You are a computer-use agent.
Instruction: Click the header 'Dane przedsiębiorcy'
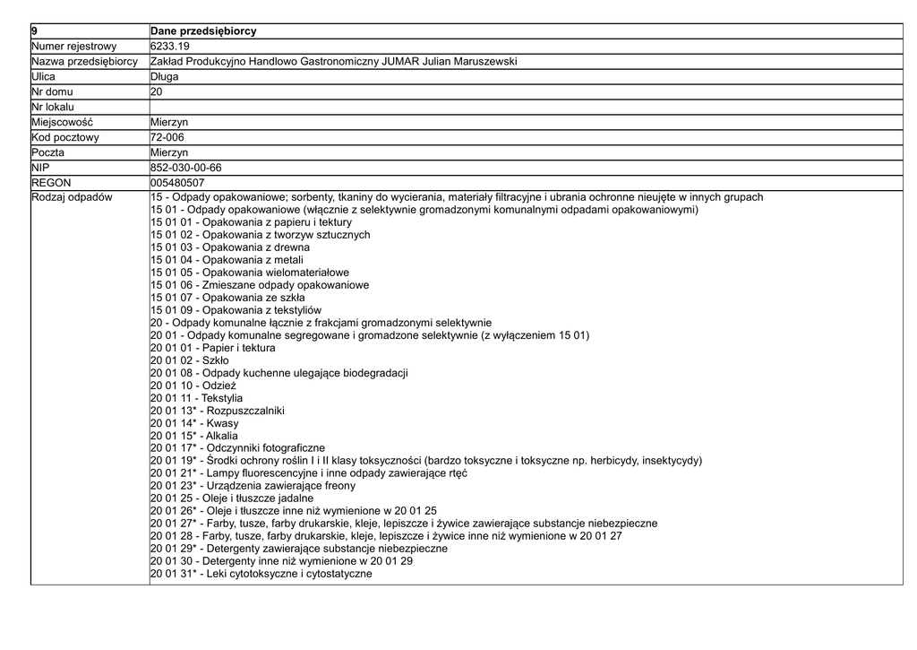click(203, 31)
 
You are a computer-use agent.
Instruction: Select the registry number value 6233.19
click(170, 46)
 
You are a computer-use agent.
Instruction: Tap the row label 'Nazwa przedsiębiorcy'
click(84, 61)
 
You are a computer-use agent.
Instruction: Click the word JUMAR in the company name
click(401, 61)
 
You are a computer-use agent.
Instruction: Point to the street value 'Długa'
click(165, 76)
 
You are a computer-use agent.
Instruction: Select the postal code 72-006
click(167, 137)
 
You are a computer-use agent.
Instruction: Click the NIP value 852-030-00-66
click(186, 168)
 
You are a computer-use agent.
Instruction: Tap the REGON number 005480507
click(177, 183)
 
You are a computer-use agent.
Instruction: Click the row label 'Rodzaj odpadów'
click(72, 197)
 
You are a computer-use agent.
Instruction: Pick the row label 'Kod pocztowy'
click(65, 137)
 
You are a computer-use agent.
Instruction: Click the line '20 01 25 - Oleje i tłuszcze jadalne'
click(232, 498)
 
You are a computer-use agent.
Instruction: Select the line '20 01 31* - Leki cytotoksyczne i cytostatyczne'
click(261, 574)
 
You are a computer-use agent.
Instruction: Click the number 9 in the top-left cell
click(34, 31)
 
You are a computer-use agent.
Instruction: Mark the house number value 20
click(157, 91)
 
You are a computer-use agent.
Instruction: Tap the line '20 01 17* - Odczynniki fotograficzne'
click(237, 448)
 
